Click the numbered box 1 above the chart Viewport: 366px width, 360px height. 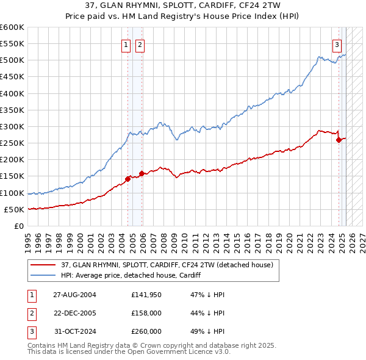tap(126, 44)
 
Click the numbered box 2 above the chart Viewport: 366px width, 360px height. tap(140, 44)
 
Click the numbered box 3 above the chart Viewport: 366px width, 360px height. tap(337, 44)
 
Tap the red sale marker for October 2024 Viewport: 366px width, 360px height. tap(339, 140)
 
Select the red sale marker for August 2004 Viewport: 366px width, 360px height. tap(128, 179)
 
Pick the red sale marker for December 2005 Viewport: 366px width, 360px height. tap(142, 173)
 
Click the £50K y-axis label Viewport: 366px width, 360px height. tap(15, 209)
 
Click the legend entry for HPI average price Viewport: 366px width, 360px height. tap(131, 276)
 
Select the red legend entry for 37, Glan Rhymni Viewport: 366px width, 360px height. tap(170, 265)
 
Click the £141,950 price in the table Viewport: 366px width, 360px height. tap(146, 295)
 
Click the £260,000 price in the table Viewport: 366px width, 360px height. tap(146, 331)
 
